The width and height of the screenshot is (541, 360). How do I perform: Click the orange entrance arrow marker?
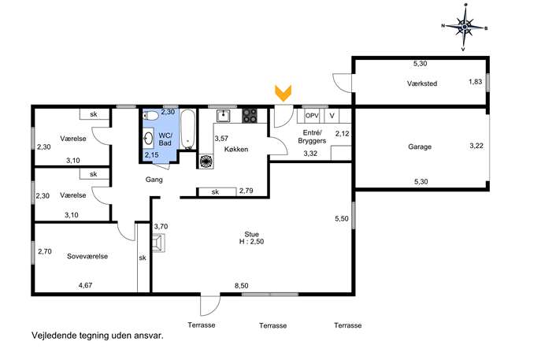point(283,93)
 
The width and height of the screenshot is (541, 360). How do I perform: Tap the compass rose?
point(465,27)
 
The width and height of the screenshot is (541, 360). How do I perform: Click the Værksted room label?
point(422,84)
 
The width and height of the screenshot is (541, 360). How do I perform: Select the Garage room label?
point(420,147)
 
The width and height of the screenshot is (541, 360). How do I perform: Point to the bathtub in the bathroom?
point(188,129)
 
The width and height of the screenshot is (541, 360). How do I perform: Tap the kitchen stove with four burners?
point(250,116)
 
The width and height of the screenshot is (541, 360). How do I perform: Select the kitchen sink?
point(224,116)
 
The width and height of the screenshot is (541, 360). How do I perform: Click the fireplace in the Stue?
point(159,243)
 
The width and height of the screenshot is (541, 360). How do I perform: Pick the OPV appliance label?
point(312,116)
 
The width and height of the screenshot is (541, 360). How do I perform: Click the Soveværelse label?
point(87,257)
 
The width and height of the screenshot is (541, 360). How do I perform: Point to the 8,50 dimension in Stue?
point(242,286)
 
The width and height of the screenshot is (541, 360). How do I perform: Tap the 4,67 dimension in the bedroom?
point(85,285)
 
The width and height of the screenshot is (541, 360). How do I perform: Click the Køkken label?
point(236,150)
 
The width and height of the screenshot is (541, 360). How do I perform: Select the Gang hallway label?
point(154,180)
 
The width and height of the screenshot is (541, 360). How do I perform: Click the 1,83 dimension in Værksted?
point(475,82)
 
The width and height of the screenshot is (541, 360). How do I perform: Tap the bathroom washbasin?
point(149,138)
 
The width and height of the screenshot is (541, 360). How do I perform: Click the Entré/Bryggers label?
point(312,137)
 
